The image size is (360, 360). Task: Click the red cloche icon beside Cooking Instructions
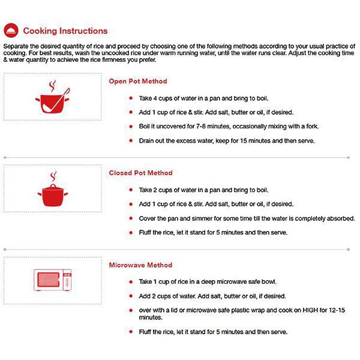(10, 31)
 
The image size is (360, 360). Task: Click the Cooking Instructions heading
(65, 31)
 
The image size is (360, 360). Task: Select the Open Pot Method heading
(138, 81)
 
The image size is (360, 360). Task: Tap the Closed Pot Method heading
(140, 173)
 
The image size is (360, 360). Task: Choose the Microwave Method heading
(140, 265)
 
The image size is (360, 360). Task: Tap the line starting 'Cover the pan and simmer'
(247, 218)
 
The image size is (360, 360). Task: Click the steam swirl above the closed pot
(53, 176)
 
